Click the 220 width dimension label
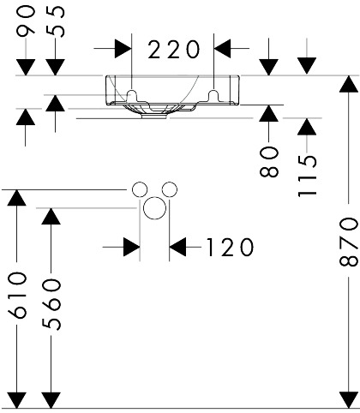point(173,50)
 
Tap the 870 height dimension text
point(349,242)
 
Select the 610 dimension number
point(18,296)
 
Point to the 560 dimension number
point(51,304)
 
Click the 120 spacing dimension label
point(230,248)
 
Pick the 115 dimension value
point(308,176)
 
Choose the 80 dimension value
point(269,161)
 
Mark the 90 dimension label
point(26,21)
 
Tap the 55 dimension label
point(56,21)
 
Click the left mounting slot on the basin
point(132,95)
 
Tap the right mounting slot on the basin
point(213,95)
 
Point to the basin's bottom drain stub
point(154,116)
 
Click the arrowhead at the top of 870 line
point(349,83)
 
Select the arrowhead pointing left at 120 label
point(177,247)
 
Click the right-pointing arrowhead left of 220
point(123,49)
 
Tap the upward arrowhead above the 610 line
point(16,197)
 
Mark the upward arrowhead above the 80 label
point(268,113)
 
